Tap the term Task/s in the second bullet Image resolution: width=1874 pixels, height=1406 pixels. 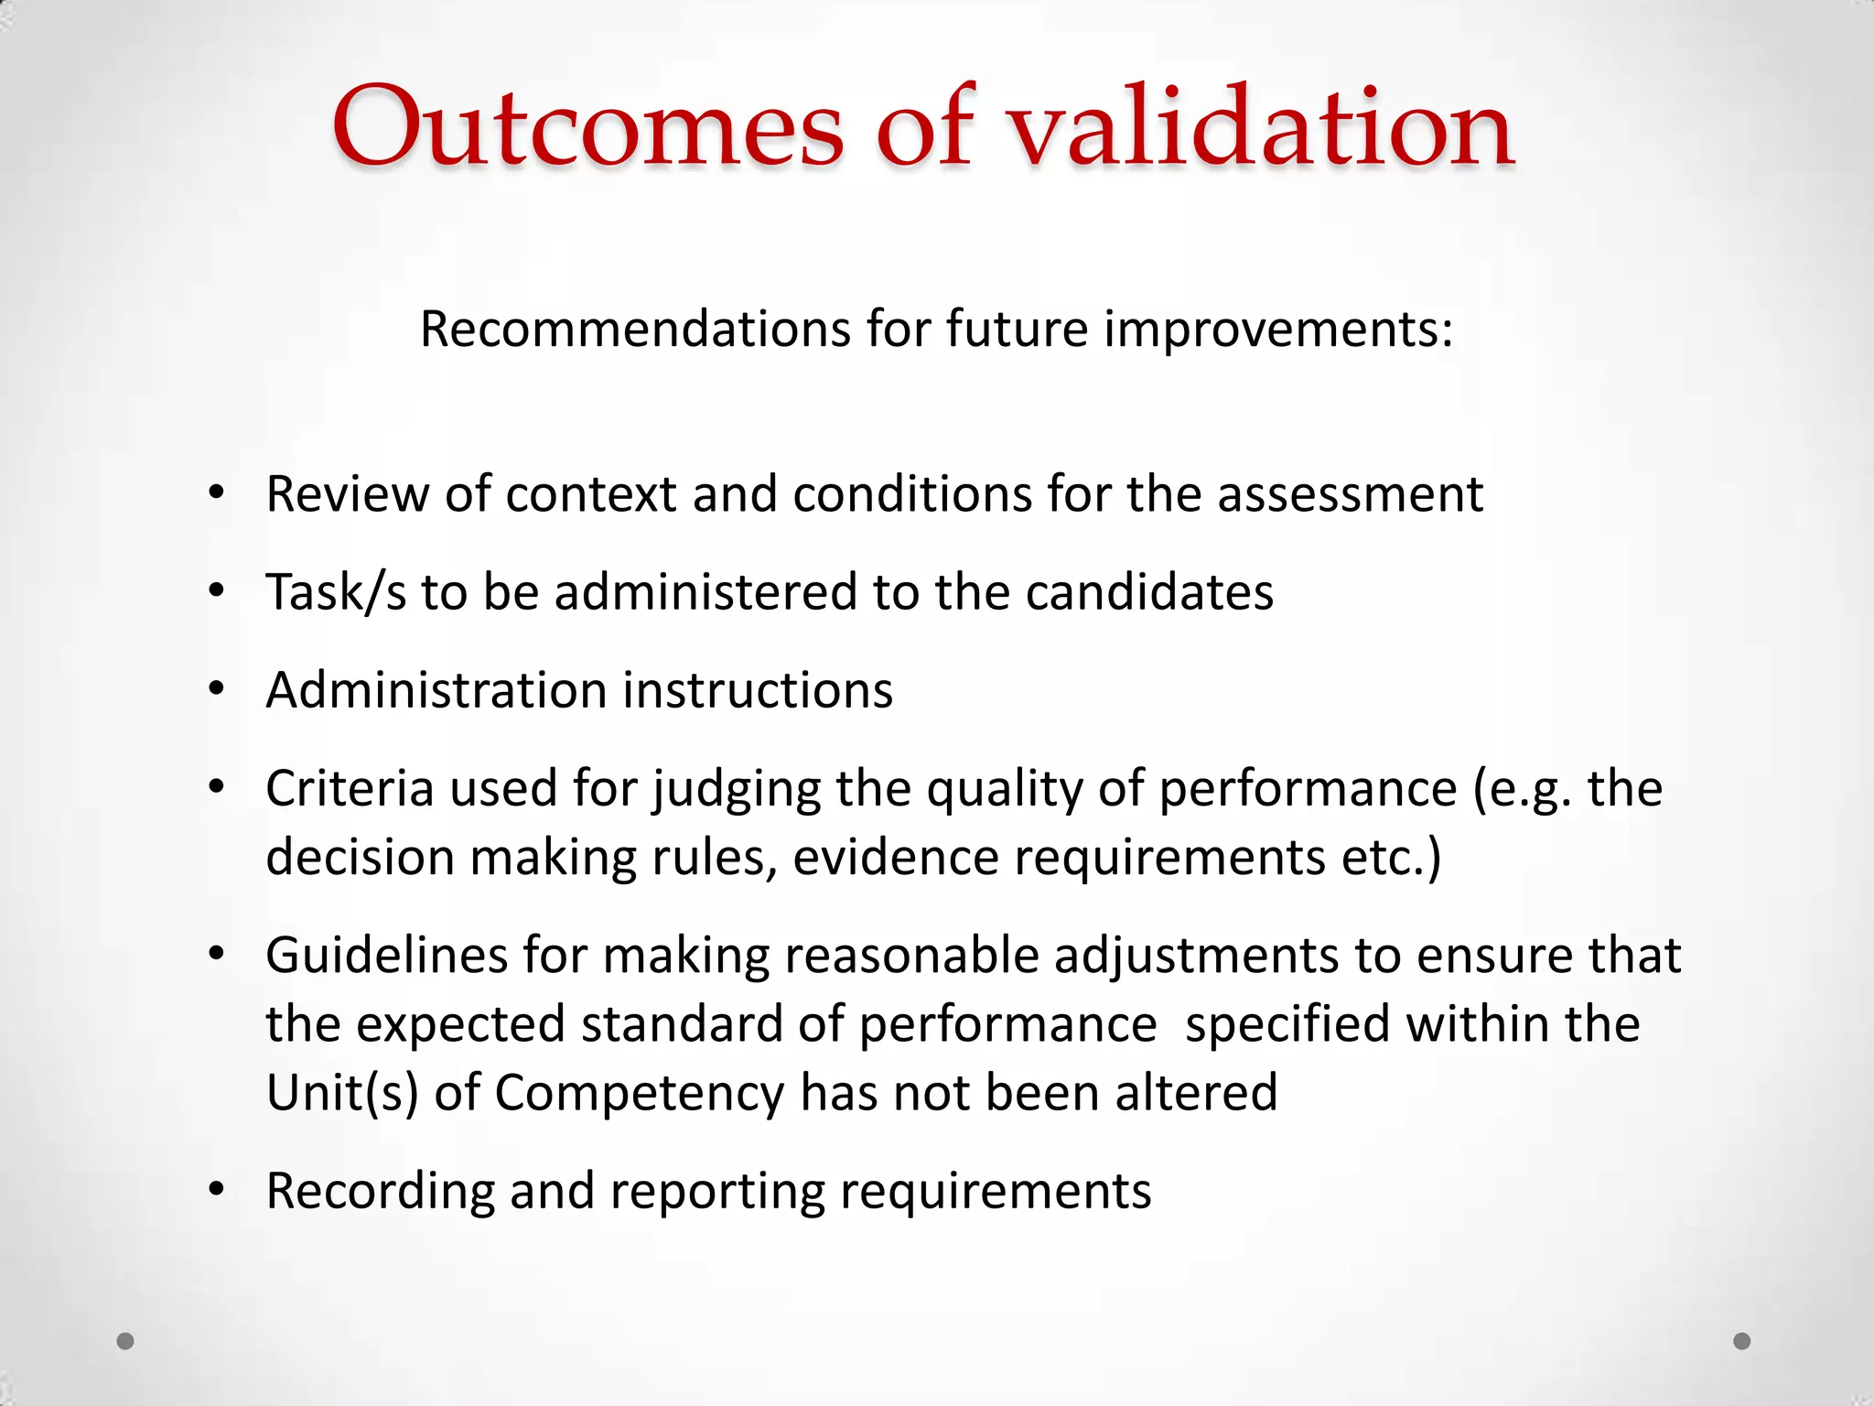coord(336,592)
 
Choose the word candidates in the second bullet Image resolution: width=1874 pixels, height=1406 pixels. coord(1149,592)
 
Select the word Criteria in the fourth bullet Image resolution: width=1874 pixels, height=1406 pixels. coord(350,789)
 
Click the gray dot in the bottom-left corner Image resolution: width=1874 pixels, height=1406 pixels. coord(126,1341)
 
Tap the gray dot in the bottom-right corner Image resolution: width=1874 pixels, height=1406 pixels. coord(1742,1341)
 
